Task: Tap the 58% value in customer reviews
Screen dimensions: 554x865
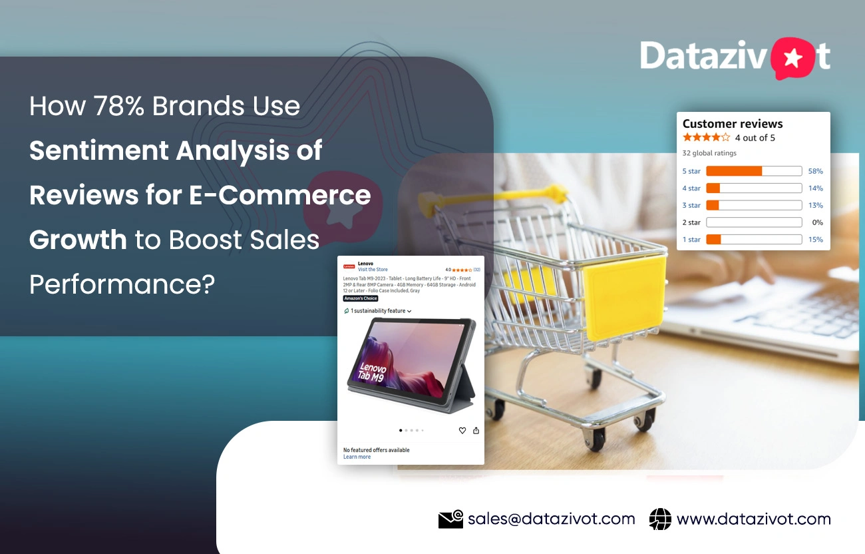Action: coord(815,171)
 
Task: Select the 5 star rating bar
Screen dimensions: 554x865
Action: coord(753,171)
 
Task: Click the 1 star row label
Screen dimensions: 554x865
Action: coord(691,240)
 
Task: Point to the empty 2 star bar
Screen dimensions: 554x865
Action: coord(753,222)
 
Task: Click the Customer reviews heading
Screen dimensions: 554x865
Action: coord(732,124)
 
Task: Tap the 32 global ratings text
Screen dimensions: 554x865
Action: coord(709,153)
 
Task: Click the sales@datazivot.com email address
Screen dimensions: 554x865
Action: coord(551,519)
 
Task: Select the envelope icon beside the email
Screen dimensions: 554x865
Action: coord(450,519)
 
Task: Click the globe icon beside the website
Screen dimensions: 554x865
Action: coord(660,519)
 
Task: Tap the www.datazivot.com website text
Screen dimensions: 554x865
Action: coord(753,519)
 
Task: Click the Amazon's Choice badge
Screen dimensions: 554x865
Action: coord(360,298)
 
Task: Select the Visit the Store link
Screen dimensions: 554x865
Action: coord(373,270)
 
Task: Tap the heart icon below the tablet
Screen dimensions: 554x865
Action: coord(462,431)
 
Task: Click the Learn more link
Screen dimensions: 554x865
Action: coord(357,457)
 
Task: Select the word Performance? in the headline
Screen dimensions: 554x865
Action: coord(122,284)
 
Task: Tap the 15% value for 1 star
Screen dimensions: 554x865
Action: coord(815,240)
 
